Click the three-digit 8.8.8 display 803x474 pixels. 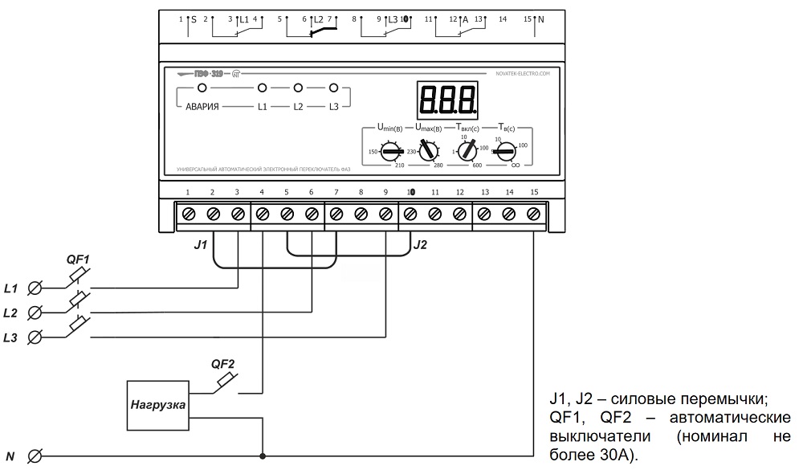448,99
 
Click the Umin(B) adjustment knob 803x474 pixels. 392,151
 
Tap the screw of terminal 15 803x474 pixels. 533,215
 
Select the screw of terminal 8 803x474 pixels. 361,215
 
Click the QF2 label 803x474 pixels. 222,362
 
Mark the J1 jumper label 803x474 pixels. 201,244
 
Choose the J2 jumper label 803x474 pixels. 420,244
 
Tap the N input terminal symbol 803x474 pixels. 35,457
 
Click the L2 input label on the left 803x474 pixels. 11,312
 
